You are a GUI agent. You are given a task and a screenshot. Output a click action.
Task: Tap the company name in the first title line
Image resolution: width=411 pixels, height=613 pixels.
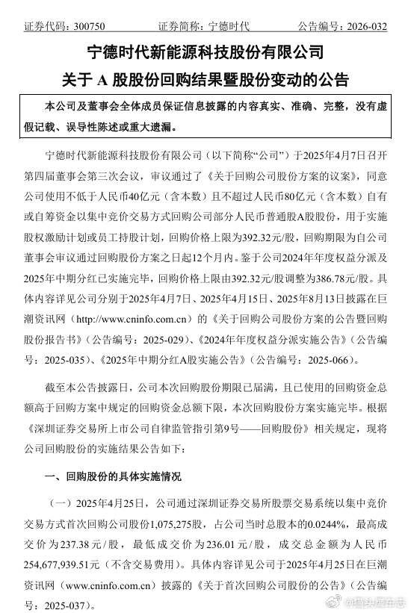point(205,52)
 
